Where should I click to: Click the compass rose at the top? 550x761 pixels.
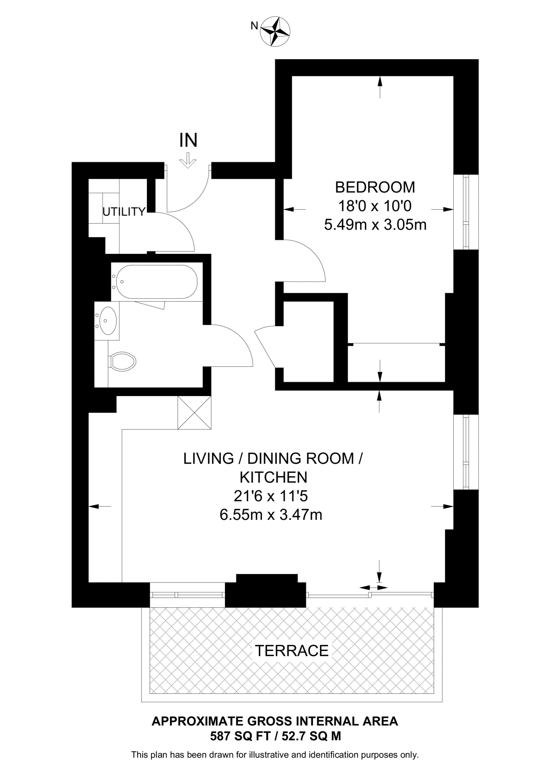pyautogui.click(x=275, y=31)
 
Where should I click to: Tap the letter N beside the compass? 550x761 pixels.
pyautogui.click(x=254, y=26)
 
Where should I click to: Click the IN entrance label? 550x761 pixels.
pyautogui.click(x=188, y=140)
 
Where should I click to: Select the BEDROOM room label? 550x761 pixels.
pyautogui.click(x=375, y=187)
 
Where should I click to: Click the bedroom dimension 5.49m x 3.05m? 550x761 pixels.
pyautogui.click(x=375, y=225)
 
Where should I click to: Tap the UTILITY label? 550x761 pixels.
pyautogui.click(x=123, y=212)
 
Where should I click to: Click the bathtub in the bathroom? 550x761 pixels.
pyautogui.click(x=157, y=282)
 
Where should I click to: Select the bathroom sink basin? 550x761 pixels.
pyautogui.click(x=108, y=320)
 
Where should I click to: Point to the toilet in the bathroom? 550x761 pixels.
pyautogui.click(x=123, y=361)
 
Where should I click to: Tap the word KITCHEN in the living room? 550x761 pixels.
pyautogui.click(x=273, y=477)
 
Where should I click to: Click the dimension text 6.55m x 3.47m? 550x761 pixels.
pyautogui.click(x=271, y=515)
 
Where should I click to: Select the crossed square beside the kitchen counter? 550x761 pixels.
pyautogui.click(x=194, y=413)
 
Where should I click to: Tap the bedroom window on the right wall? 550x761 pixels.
pyautogui.click(x=466, y=212)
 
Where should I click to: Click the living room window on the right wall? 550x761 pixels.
pyautogui.click(x=466, y=451)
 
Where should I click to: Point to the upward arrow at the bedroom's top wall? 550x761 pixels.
pyautogui.click(x=380, y=87)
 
